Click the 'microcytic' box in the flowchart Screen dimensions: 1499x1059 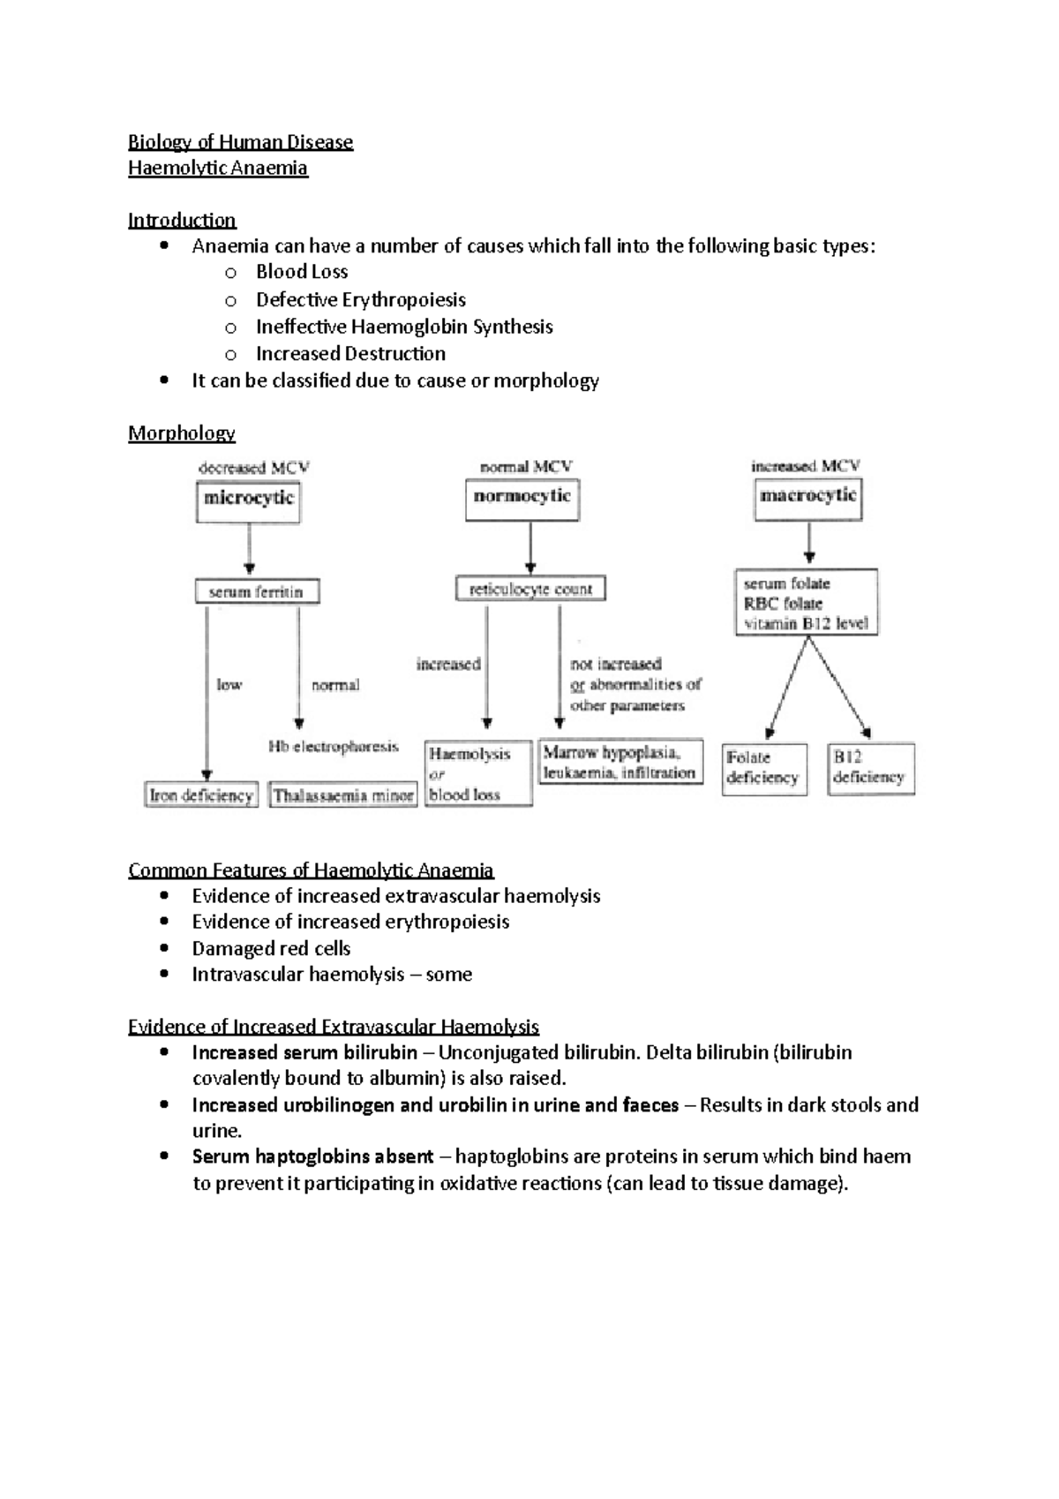248,500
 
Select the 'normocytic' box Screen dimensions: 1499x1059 522,498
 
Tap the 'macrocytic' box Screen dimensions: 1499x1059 807,497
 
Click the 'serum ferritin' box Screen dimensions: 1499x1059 256,591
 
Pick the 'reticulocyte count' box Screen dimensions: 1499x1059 530,589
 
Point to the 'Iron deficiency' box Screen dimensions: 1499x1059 201,795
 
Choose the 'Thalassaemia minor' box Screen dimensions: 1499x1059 342,795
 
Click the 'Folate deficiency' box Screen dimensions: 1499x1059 763,768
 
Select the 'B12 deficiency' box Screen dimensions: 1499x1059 870,768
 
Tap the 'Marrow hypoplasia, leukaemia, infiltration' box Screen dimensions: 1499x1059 620,763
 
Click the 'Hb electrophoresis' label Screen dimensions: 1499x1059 333,747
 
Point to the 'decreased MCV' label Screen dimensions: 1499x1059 253,468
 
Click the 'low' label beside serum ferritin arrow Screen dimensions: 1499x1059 229,684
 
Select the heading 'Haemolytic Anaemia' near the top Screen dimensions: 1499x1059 218,169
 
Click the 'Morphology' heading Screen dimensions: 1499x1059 182,433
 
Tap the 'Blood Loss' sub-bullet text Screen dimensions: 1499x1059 302,272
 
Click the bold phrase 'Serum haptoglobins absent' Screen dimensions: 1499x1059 312,1156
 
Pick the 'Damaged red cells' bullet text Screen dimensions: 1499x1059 271,949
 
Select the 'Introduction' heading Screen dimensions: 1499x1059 182,220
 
